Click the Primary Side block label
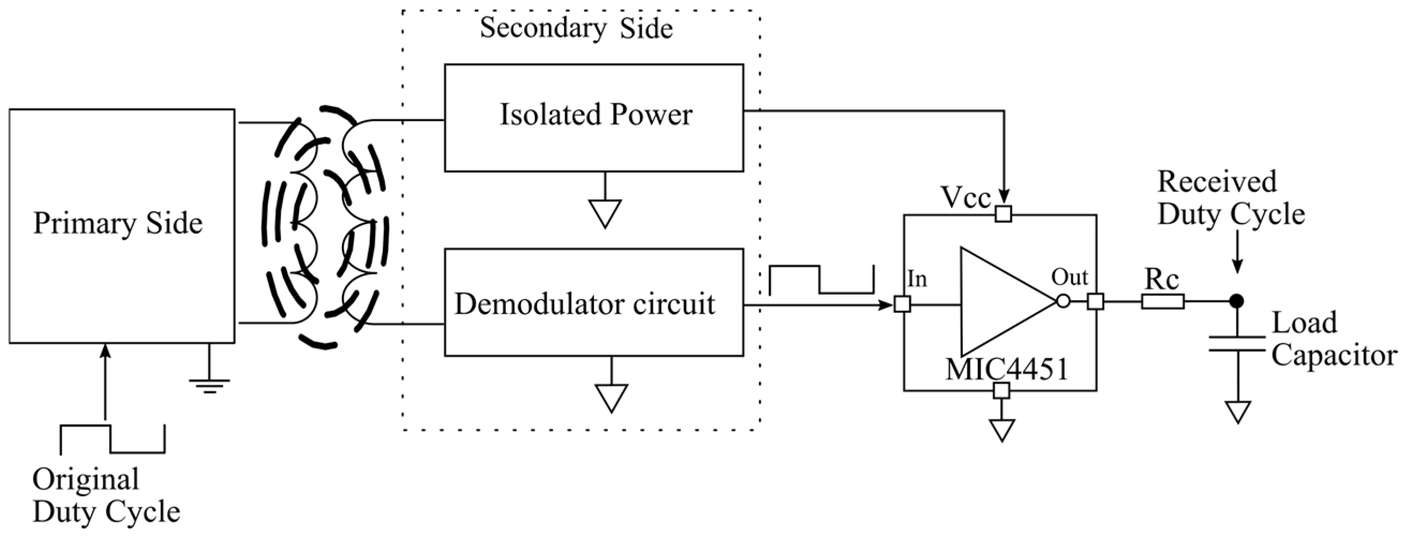point(118,223)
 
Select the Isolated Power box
point(594,117)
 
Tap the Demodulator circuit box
point(594,303)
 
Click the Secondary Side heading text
point(576,28)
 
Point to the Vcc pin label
point(965,198)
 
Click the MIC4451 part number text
point(1007,370)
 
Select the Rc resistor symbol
point(1163,301)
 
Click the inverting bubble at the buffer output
point(1063,301)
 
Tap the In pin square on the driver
point(902,304)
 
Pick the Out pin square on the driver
point(1096,301)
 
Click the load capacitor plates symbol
point(1237,344)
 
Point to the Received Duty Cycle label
point(1230,198)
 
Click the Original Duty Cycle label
point(106,496)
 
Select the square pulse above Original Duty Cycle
point(113,439)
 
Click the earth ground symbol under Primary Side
point(209,385)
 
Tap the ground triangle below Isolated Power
point(605,213)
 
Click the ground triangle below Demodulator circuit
point(611,398)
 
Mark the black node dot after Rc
point(1236,301)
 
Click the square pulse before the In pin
point(821,279)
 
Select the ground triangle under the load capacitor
point(1237,412)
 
